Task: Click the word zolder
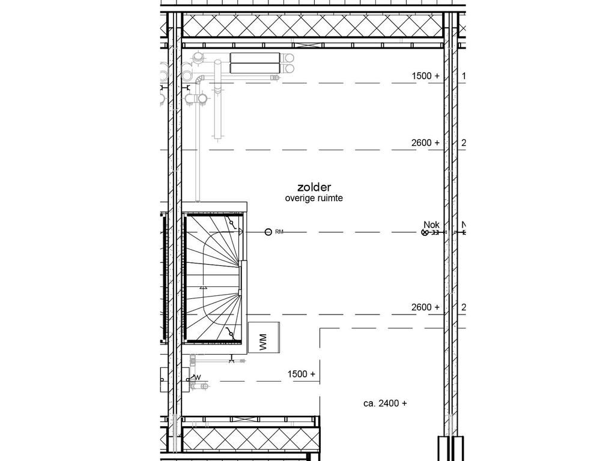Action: pos(314,188)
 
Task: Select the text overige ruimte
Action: pos(314,198)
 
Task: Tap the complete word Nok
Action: pos(431,224)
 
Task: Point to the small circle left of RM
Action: pos(268,232)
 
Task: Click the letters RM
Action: pos(279,232)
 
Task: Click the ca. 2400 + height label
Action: pos(385,403)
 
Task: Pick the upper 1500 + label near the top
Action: pos(426,76)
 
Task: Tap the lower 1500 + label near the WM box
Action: pos(301,374)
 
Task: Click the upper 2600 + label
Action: pos(426,143)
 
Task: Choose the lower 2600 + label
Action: pos(426,307)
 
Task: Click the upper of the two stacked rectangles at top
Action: pos(255,58)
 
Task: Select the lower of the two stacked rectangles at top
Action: pos(255,68)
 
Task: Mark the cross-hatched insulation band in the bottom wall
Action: pos(249,438)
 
